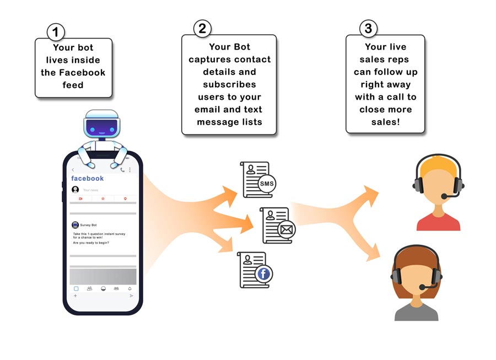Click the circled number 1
55,33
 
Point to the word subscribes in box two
229,84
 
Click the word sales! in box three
386,122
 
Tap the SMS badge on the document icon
267,184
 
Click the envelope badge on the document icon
286,230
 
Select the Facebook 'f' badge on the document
265,274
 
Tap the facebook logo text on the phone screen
87,178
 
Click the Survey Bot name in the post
89,225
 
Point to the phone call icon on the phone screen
122,170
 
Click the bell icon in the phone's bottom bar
130,288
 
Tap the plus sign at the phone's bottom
75,296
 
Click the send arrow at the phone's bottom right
131,296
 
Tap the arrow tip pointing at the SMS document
236,190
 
